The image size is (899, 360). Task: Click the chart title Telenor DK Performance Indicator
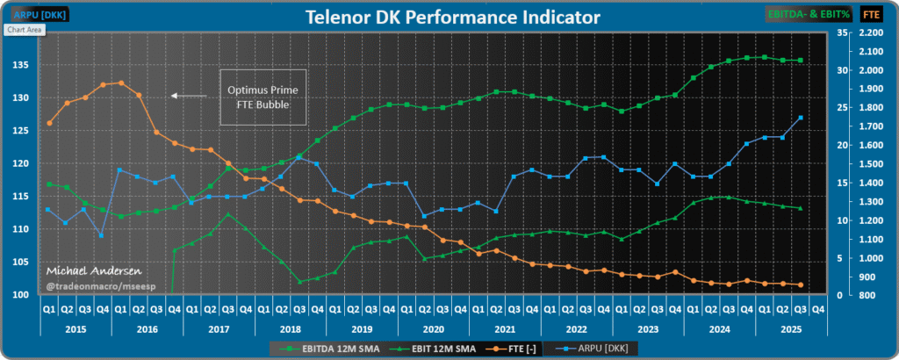453,18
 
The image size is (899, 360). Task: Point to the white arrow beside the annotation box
189,95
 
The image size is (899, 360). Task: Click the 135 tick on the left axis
21,65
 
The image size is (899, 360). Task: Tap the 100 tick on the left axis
21,294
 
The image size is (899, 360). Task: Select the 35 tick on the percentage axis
840,32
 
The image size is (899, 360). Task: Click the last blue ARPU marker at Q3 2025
801,117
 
